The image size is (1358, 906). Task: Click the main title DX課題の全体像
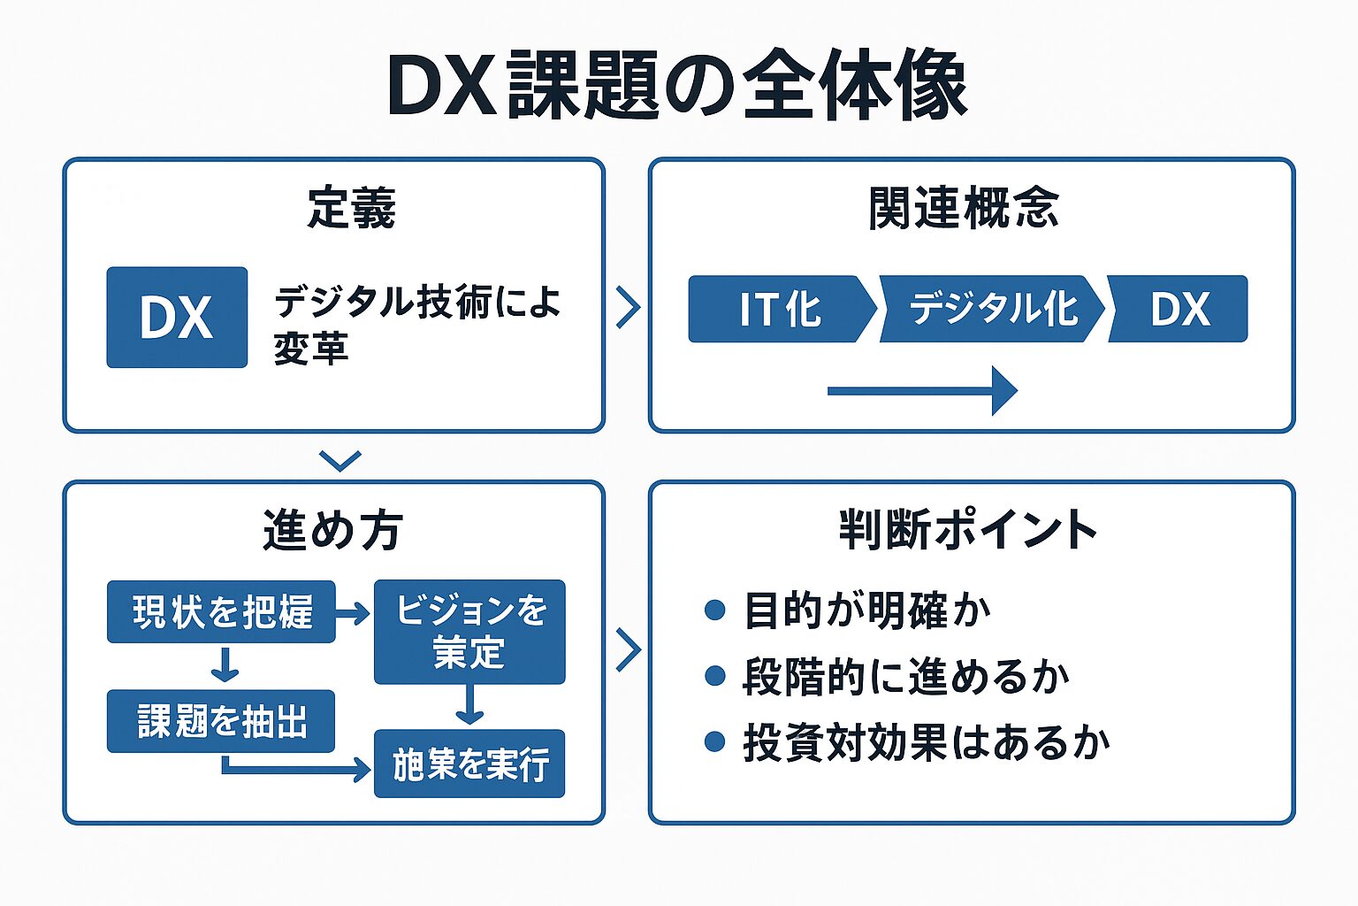[677, 86]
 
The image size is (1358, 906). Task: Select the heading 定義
[351, 209]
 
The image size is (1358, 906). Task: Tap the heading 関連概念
[963, 209]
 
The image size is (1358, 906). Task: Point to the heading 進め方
[332, 531]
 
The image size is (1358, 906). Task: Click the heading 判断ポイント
[968, 531]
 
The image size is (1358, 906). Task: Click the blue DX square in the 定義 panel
[177, 317]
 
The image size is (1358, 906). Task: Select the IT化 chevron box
[778, 309]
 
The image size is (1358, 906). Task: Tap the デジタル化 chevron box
[992, 309]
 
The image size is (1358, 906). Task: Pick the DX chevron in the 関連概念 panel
[1179, 309]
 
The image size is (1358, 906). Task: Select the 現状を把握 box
[221, 611]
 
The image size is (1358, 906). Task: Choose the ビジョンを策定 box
[469, 632]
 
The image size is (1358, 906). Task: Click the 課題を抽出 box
[221, 721]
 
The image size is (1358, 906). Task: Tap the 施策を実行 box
[469, 764]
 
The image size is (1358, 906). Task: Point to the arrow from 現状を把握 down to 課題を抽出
[225, 665]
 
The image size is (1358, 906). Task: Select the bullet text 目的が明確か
[866, 610]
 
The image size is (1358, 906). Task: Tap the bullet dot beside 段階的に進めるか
[714, 676]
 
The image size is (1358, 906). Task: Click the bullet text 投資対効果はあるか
[926, 742]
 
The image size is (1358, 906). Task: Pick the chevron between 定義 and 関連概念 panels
[628, 307]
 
